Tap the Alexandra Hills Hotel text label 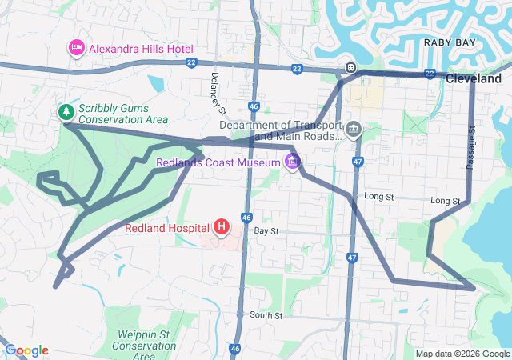[138, 49]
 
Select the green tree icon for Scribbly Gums [66, 112]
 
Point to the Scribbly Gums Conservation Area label [122, 113]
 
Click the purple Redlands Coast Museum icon [293, 163]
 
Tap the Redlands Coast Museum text [218, 163]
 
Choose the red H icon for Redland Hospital [222, 227]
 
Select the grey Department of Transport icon [354, 129]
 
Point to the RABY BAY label [446, 42]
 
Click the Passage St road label [471, 146]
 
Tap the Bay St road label [266, 230]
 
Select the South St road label [266, 316]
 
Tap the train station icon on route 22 [350, 69]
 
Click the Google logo [26, 350]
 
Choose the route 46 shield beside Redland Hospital [246, 217]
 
